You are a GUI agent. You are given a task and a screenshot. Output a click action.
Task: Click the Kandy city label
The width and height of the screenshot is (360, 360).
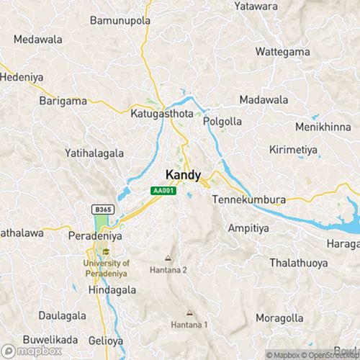pyautogui.click(x=183, y=175)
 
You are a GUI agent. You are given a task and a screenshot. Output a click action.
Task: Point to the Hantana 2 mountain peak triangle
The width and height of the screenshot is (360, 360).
pyautogui.click(x=168, y=258)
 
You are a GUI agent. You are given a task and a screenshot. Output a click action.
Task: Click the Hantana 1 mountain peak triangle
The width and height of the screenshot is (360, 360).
pyautogui.click(x=190, y=312)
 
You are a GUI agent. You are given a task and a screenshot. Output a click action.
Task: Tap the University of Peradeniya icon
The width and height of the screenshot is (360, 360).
pyautogui.click(x=106, y=252)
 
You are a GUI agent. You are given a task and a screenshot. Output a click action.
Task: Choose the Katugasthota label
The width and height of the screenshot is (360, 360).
pyautogui.click(x=156, y=114)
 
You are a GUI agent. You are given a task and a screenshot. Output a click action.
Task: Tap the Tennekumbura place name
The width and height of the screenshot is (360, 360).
pyautogui.click(x=251, y=199)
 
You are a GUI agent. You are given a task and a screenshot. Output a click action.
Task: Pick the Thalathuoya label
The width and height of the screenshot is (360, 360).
pyautogui.click(x=296, y=264)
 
